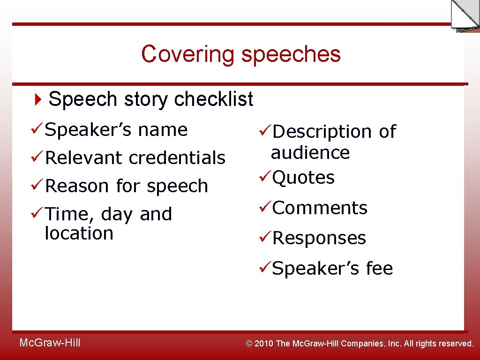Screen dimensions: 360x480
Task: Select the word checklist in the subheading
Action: [213, 99]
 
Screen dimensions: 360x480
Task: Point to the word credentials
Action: [177, 158]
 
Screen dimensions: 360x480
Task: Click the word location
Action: [79, 233]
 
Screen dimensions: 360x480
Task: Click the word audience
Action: [310, 153]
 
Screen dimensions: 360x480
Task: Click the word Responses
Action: [319, 238]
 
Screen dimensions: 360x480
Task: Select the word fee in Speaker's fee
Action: [379, 269]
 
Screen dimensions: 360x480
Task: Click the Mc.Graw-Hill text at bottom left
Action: [50, 343]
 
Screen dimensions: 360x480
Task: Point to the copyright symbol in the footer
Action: [249, 344]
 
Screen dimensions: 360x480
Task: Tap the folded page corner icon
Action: [465, 15]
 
